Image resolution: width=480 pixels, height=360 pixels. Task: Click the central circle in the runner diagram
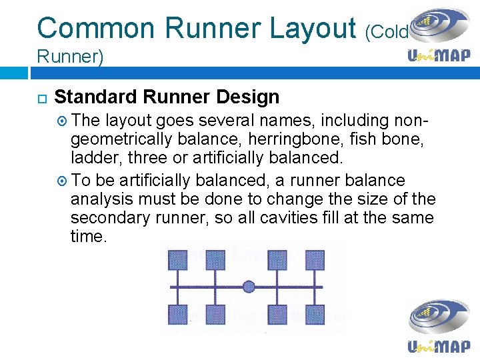(x=249, y=287)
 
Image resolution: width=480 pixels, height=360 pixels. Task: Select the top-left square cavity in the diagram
(x=177, y=260)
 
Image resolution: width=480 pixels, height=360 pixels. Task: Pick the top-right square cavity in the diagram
(x=315, y=260)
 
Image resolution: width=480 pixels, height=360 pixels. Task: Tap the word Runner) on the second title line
(x=70, y=57)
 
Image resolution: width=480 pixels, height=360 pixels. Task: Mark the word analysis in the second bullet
(x=99, y=199)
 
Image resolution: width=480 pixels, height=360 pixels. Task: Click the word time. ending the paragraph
(x=88, y=236)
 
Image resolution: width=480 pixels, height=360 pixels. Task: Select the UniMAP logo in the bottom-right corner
(x=439, y=327)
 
